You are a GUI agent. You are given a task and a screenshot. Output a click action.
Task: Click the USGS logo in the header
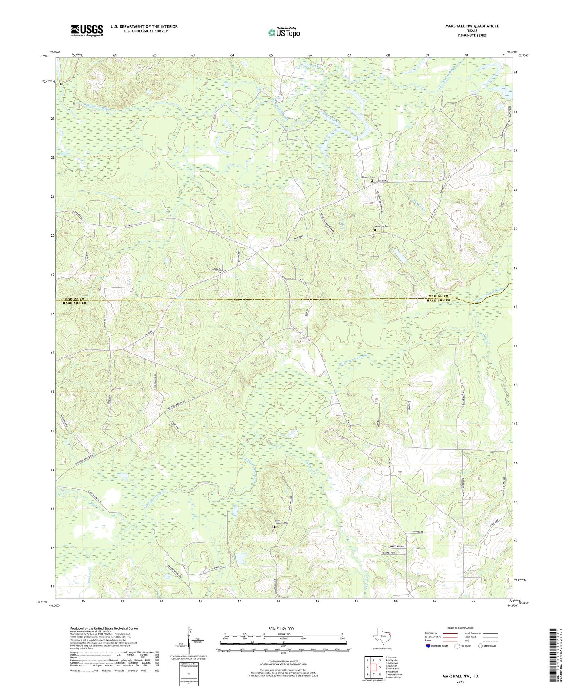(x=87, y=30)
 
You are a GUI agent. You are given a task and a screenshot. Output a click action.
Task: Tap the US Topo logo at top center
(x=284, y=32)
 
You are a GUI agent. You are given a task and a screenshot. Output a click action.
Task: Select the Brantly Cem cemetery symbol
(x=372, y=181)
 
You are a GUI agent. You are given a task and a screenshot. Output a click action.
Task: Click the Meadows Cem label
(x=382, y=226)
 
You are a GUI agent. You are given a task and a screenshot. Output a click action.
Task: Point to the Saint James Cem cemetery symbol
(x=275, y=527)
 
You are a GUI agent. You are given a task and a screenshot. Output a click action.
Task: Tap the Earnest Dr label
(x=388, y=552)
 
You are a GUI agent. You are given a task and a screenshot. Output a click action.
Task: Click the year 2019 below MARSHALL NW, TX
(x=460, y=682)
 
